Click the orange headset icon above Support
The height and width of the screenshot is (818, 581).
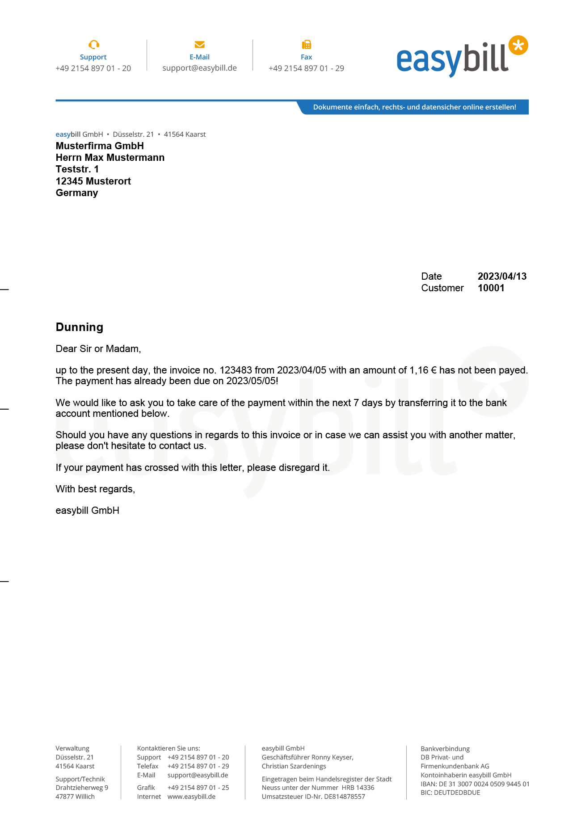94,44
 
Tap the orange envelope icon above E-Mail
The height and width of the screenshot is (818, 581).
200,44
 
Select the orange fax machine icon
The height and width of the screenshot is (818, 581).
307,44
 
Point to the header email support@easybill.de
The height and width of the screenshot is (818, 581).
200,68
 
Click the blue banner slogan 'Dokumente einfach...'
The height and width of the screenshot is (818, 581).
414,107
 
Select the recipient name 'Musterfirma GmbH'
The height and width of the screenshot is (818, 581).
100,146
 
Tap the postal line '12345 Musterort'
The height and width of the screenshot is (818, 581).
93,181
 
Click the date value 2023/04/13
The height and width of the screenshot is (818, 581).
502,277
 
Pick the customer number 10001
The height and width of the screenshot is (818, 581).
491,288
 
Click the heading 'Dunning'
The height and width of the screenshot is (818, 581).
80,327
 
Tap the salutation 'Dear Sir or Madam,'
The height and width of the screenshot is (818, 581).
98,349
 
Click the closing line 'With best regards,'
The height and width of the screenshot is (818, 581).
95,489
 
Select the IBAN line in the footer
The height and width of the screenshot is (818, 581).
475,784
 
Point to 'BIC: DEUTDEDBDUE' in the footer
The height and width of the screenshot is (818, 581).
450,793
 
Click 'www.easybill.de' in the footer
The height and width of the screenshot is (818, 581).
191,797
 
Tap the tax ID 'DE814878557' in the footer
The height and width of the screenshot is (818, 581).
345,797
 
